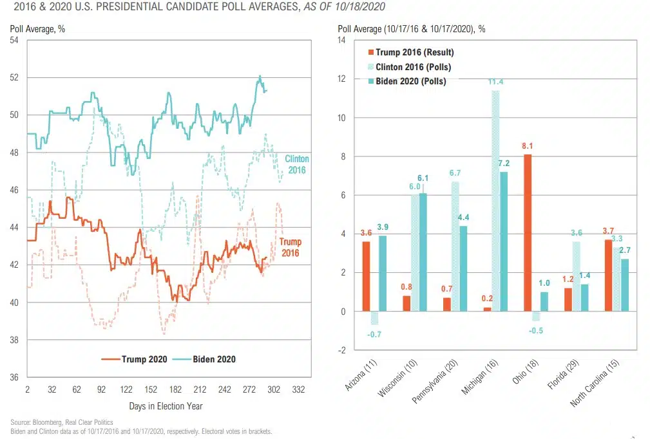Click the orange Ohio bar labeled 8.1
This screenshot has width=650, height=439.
[528, 232]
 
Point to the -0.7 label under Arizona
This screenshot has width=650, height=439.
[375, 334]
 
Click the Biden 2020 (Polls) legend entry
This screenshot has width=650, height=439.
[410, 81]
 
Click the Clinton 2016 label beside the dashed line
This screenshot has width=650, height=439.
[296, 164]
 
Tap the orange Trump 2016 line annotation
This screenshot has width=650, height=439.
[290, 247]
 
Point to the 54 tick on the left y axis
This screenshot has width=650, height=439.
[14, 41]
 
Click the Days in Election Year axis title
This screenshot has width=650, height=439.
[166, 406]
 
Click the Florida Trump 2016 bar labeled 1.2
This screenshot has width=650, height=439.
[568, 299]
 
